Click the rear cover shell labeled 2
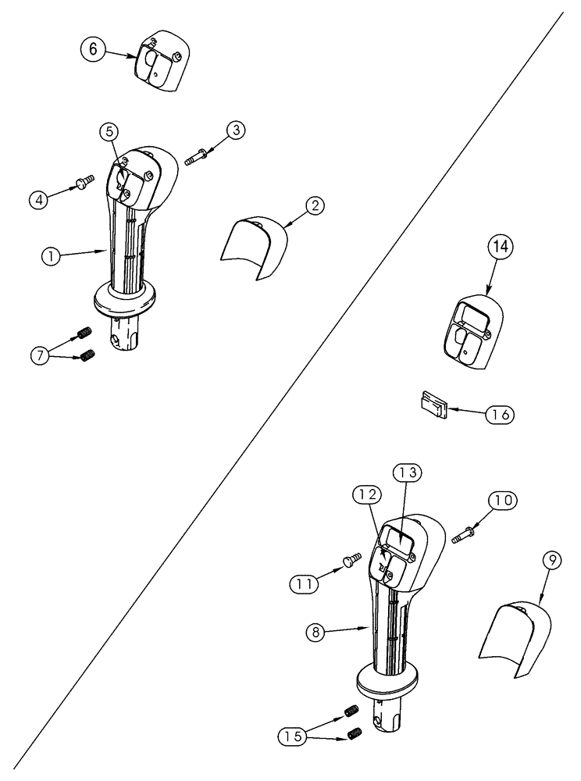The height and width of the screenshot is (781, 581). (x=253, y=246)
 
